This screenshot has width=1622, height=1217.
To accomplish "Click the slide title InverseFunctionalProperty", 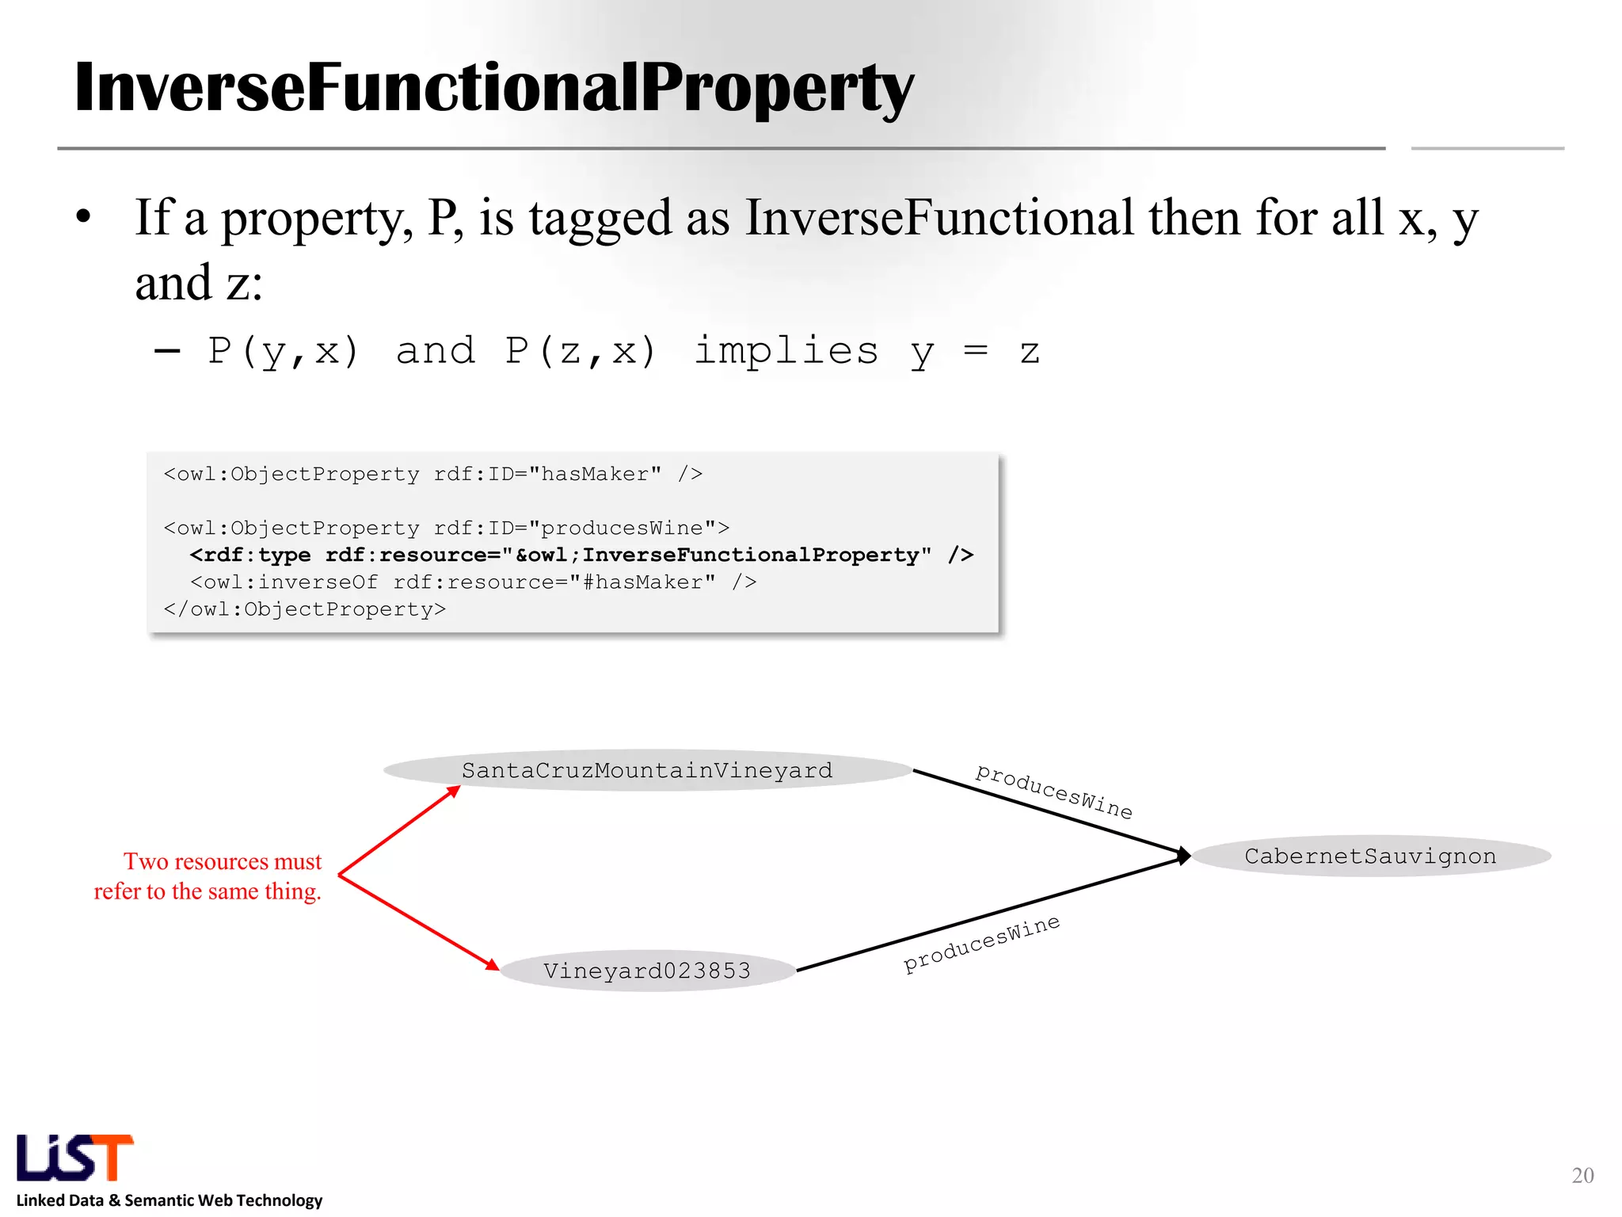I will pos(493,89).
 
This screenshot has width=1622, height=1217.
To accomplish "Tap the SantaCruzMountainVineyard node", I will pos(647,770).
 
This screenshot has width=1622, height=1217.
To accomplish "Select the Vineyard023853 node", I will pos(647,971).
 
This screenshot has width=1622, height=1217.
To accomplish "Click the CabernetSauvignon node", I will pos(1370,856).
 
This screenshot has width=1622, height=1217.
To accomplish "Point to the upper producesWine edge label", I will pos(1053,791).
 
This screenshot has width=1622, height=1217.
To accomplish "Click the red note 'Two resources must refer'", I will pos(208,876).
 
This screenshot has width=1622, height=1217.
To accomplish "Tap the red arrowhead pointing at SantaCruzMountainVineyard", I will pos(454,791).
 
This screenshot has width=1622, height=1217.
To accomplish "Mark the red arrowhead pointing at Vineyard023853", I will pos(492,964).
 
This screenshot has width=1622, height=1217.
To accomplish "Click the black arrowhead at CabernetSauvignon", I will pos(1183,856).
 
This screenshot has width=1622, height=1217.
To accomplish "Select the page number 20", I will pos(1582,1175).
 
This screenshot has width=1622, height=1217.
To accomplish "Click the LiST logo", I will pos(75,1158).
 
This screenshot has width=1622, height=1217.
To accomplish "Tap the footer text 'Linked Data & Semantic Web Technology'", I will pos(169,1200).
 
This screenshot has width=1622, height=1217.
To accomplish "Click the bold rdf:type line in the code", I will pos(581,555).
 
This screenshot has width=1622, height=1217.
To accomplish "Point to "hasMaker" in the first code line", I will pos(595,475).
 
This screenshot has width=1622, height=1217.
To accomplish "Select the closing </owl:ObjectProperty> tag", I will pos(305,609).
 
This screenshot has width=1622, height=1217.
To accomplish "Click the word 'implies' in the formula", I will pos(786,350).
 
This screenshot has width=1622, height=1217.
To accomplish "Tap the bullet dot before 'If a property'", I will pos(84,217).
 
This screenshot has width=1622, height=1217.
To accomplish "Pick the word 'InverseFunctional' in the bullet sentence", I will pos(939,218).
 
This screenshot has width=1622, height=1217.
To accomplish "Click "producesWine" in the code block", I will pos(622,528).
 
